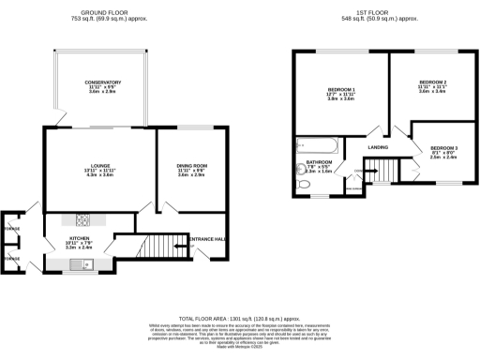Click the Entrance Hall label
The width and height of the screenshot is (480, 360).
click(x=207, y=239)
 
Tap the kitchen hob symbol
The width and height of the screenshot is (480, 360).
click(x=82, y=221)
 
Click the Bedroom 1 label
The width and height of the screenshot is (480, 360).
click(x=335, y=91)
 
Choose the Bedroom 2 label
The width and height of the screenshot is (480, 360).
click(x=432, y=85)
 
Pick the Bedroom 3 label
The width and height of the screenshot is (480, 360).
click(x=443, y=148)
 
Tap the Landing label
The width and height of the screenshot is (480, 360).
click(x=378, y=147)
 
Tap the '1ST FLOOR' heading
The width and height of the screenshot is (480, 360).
click(x=381, y=12)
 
